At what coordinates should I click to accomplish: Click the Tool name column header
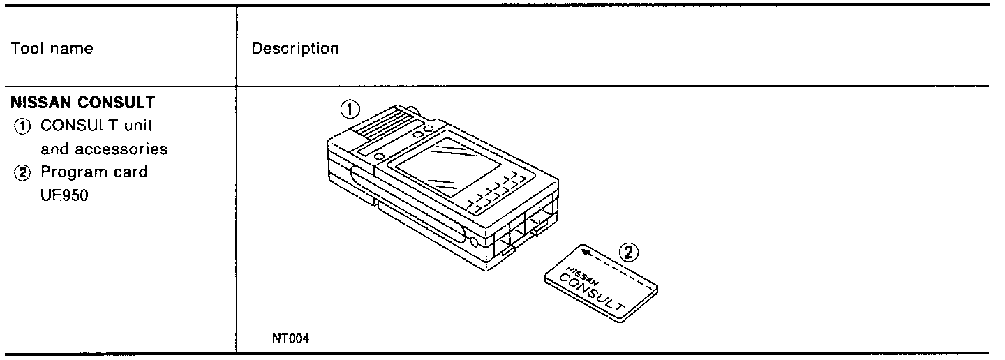52,49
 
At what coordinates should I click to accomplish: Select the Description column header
295,49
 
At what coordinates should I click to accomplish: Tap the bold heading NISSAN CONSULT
83,103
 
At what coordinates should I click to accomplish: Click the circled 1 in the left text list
20,126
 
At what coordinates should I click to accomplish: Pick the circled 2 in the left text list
20,172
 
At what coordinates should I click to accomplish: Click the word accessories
124,149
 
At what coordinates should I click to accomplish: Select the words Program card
94,172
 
